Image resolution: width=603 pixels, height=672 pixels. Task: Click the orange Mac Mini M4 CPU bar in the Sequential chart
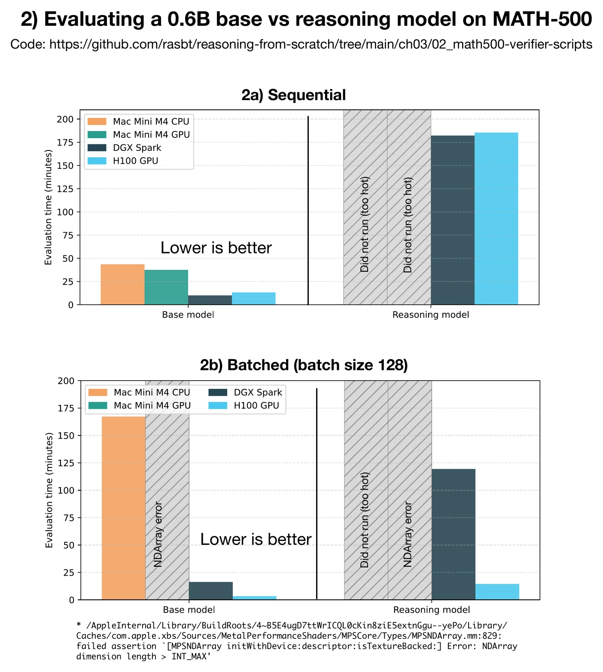[x=122, y=284]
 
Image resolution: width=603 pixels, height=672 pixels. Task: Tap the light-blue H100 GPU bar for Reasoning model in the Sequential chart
[x=496, y=218]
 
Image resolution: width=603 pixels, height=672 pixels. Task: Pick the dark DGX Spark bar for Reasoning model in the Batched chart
[x=453, y=534]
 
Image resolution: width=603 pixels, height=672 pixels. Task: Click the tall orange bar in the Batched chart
[x=124, y=508]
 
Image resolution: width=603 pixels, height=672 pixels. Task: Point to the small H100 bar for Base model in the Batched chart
[x=254, y=598]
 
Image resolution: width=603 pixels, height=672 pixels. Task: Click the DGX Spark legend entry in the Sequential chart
[x=137, y=148]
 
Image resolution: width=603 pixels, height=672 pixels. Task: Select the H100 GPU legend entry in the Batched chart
[x=256, y=406]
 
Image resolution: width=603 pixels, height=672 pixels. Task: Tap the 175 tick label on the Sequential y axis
[x=66, y=142]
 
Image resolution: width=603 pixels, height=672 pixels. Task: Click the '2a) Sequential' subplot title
[x=294, y=95]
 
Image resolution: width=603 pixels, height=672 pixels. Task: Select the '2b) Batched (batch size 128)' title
[x=304, y=365]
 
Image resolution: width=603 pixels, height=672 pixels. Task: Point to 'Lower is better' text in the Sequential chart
[x=216, y=248]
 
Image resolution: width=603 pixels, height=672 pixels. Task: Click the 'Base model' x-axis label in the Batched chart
[x=189, y=609]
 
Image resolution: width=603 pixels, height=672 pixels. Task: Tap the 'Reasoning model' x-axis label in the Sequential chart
[x=430, y=315]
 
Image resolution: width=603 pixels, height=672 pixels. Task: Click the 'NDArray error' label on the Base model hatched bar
[x=158, y=534]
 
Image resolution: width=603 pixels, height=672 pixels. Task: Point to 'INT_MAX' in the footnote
[x=190, y=657]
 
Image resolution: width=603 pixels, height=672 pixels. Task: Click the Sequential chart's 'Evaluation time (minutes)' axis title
[x=49, y=207]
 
